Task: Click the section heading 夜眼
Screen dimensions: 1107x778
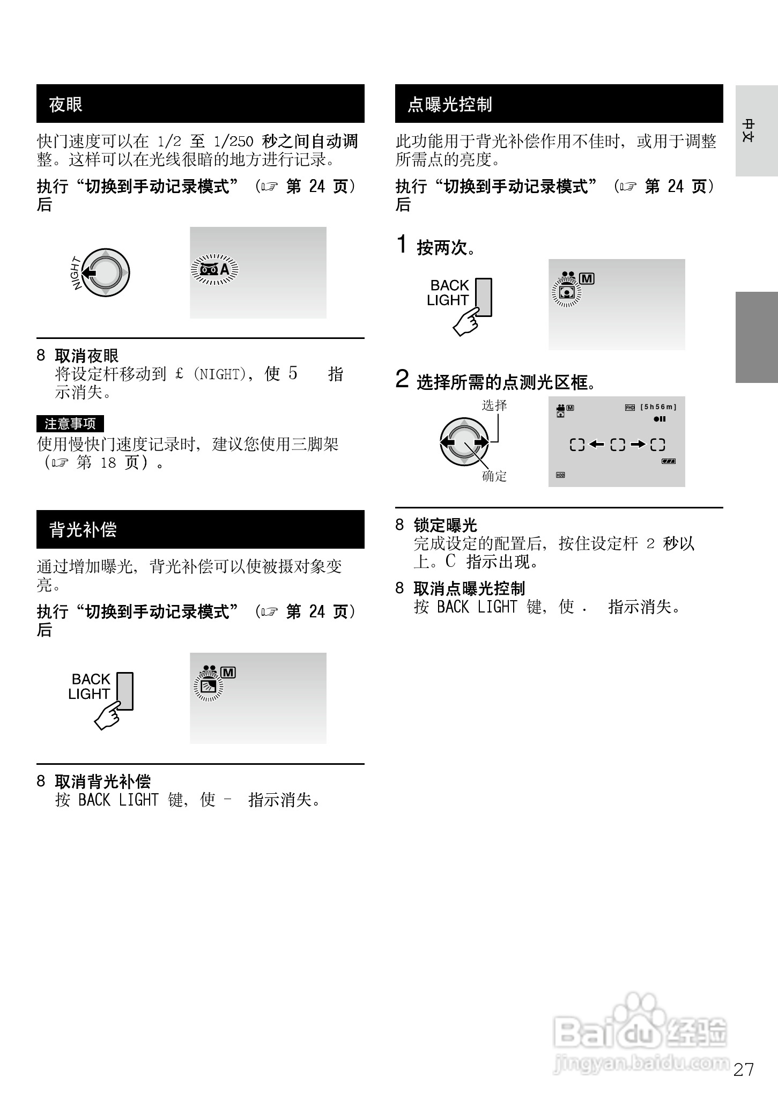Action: pyautogui.click(x=66, y=104)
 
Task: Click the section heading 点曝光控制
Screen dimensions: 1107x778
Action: pyautogui.click(x=449, y=104)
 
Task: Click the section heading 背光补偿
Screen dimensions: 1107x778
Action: pyautogui.click(x=83, y=529)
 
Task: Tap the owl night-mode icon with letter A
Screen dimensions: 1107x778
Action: pyautogui.click(x=214, y=269)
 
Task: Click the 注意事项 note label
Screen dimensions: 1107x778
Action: pyautogui.click(x=70, y=424)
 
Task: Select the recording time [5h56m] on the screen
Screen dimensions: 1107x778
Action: pyautogui.click(x=658, y=407)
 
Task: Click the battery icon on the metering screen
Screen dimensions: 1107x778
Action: pyautogui.click(x=668, y=461)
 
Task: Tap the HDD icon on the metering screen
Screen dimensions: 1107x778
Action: pyautogui.click(x=560, y=475)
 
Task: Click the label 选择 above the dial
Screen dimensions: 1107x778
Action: pyautogui.click(x=494, y=405)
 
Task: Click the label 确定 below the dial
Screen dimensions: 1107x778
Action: pyautogui.click(x=494, y=476)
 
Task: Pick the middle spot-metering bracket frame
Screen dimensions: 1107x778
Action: pyautogui.click(x=618, y=445)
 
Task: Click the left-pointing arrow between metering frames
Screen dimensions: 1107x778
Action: pyautogui.click(x=596, y=444)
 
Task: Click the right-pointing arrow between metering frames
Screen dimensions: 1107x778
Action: pyautogui.click(x=638, y=444)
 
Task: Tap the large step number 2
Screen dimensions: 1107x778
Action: pyautogui.click(x=402, y=379)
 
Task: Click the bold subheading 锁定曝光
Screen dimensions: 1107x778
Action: pyautogui.click(x=445, y=525)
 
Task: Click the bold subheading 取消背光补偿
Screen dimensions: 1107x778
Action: pyautogui.click(x=102, y=781)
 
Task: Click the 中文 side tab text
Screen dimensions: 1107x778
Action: pyautogui.click(x=748, y=130)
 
